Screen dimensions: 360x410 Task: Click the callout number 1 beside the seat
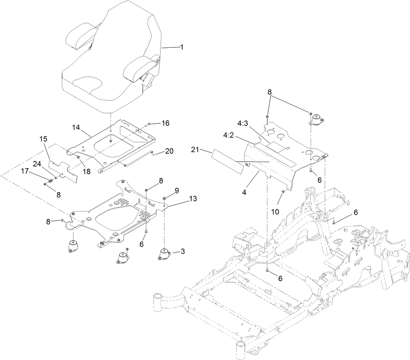tap(182, 47)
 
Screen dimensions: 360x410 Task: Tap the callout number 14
tap(77, 127)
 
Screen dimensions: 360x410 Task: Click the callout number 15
tap(43, 139)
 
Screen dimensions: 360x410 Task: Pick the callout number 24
tap(37, 164)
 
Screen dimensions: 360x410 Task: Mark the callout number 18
tap(87, 171)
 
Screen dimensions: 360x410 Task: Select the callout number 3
tap(182, 251)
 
